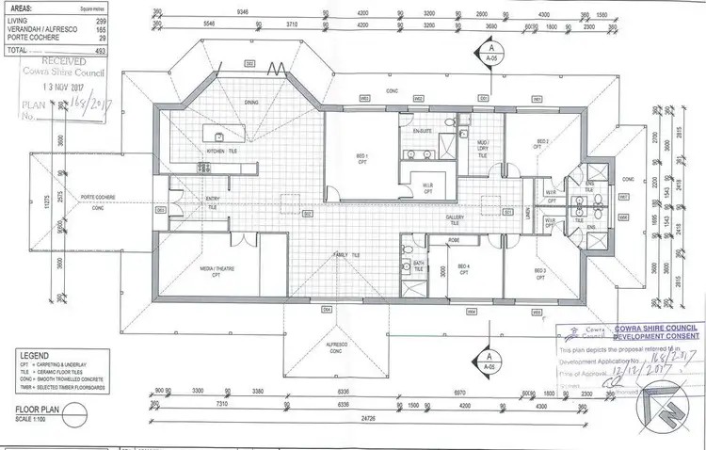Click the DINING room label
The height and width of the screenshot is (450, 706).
pyautogui.click(x=250, y=128)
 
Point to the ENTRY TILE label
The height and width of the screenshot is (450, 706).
pyautogui.click(x=214, y=201)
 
